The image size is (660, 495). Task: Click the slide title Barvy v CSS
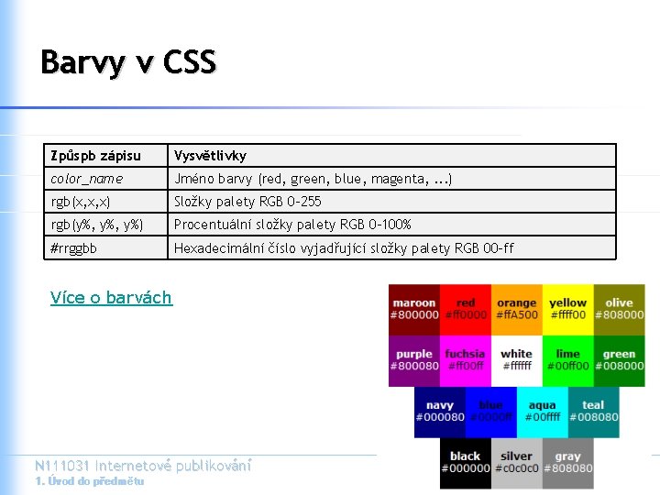coord(128,62)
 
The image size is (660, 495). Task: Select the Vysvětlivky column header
coord(211,156)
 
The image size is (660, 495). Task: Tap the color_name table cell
coord(87,179)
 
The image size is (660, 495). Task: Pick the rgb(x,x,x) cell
coord(82,202)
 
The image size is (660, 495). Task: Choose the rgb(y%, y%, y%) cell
coord(97,225)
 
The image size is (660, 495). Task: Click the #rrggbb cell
coord(74,247)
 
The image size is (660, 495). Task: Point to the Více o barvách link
coord(111,297)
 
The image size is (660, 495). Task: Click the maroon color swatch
coord(414,309)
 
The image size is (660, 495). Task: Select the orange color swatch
coord(516,309)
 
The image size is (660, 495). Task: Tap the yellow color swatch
coord(567,309)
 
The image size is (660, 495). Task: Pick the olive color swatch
coord(619,309)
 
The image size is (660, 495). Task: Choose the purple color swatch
coord(414,360)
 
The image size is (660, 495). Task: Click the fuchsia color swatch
coord(465,360)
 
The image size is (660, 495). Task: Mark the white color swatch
coord(516,360)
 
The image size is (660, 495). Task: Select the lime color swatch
coord(567,360)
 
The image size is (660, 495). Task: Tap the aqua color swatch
coord(542,412)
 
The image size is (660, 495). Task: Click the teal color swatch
coord(593,412)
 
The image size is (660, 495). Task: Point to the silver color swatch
coord(516,463)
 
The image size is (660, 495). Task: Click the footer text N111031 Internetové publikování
coord(142,466)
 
